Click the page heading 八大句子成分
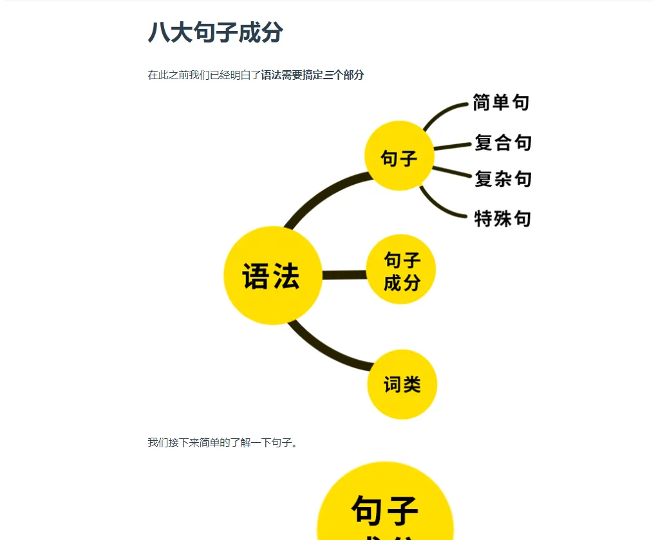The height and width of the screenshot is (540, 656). click(x=215, y=32)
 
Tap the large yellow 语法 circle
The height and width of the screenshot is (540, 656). click(x=272, y=275)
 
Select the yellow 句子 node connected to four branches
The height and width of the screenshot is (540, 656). click(x=399, y=156)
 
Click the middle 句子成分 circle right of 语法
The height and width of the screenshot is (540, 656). click(x=402, y=270)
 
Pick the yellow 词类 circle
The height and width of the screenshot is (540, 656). click(x=402, y=384)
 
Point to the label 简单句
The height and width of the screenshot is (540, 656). click(x=501, y=102)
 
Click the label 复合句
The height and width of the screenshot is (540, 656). click(x=503, y=142)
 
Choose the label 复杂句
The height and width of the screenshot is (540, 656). click(x=503, y=178)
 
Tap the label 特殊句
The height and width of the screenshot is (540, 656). click(x=502, y=218)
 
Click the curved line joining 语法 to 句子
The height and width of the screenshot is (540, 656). click(x=322, y=192)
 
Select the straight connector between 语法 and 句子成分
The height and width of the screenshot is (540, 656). click(x=344, y=275)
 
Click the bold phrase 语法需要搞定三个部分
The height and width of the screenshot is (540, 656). click(x=312, y=75)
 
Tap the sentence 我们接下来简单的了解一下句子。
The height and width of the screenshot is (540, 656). click(x=223, y=442)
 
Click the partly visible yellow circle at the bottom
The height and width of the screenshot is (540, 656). click(x=385, y=508)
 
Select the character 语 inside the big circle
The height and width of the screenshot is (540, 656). click(x=256, y=277)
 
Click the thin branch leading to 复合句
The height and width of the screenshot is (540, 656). click(x=452, y=146)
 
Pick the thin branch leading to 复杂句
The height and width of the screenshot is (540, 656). click(x=452, y=171)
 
